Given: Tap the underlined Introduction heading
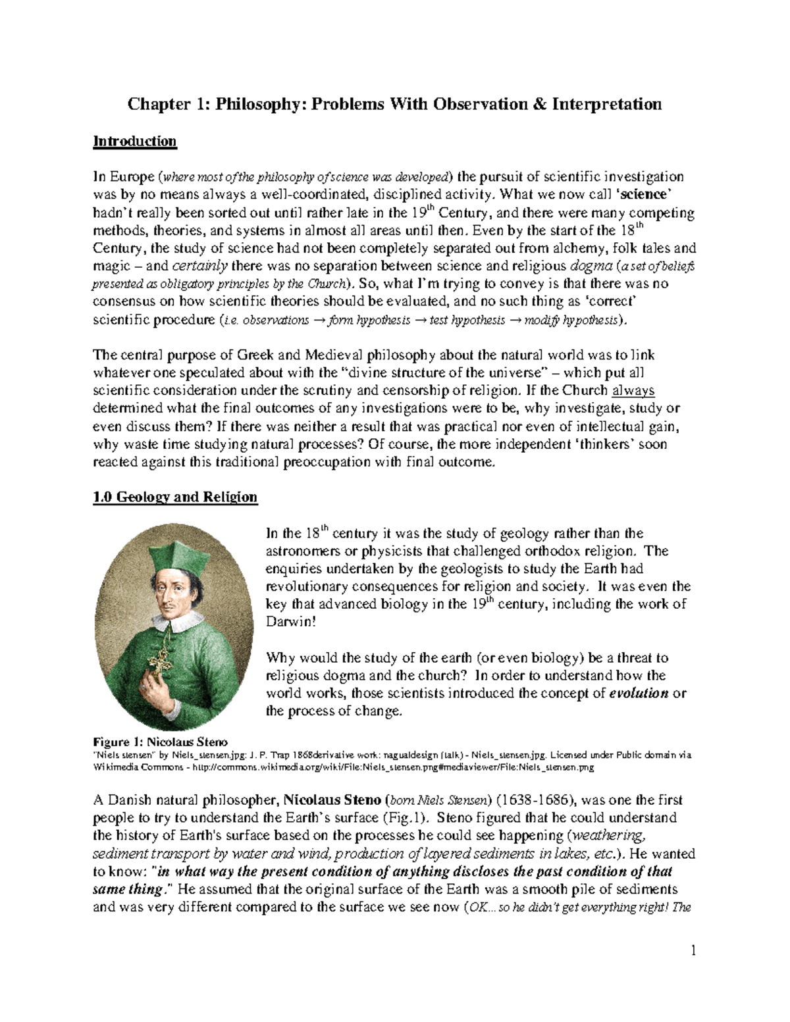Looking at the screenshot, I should point(134,141).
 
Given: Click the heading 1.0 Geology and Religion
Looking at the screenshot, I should point(175,496).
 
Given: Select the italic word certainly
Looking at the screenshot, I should point(199,266).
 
